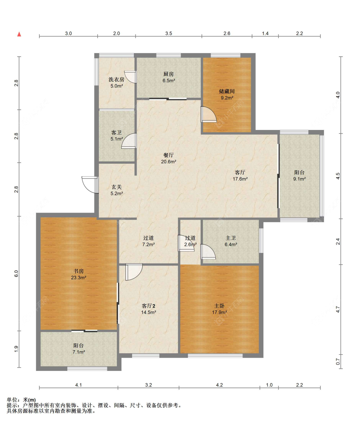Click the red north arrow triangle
coord(19,34)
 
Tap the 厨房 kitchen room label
coord(169,74)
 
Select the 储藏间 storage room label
coord(227,91)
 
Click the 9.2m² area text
coord(227,98)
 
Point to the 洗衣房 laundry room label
coord(116,79)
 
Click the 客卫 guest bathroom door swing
coord(129,141)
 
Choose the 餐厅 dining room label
coord(169,155)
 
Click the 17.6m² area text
coord(240,179)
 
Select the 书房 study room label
coord(78,271)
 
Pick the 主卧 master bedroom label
coord(220,306)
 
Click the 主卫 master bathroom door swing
coord(208,251)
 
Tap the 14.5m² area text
coord(148,313)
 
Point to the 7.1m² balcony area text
coord(79,352)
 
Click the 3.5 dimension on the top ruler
coord(169,33)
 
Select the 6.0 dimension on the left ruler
coord(16,273)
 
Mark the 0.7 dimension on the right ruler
coord(338,362)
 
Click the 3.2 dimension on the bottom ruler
coord(148,385)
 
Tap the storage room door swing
coord(209,114)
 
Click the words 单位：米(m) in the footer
coord(21,400)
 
